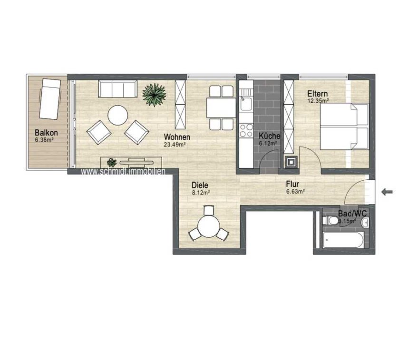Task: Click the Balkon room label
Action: (x=46, y=133)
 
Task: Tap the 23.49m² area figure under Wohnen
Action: (x=175, y=145)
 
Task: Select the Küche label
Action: (x=269, y=136)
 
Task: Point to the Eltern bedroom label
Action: (x=317, y=94)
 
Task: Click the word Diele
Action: (x=200, y=185)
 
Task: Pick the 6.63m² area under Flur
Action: (x=295, y=191)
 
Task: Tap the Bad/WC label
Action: (x=352, y=214)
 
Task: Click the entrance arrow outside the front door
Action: (x=387, y=192)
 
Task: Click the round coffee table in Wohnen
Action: (x=117, y=115)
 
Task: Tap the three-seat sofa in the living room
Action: (x=117, y=89)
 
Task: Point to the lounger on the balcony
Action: (x=50, y=99)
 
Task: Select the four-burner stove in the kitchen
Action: (x=246, y=130)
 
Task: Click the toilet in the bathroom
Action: (x=331, y=221)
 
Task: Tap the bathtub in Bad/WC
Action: (x=343, y=240)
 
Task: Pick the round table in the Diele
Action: (x=208, y=226)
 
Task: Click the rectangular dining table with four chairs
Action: (x=221, y=107)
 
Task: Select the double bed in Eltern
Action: (x=344, y=126)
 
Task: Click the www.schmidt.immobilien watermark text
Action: (x=123, y=172)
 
